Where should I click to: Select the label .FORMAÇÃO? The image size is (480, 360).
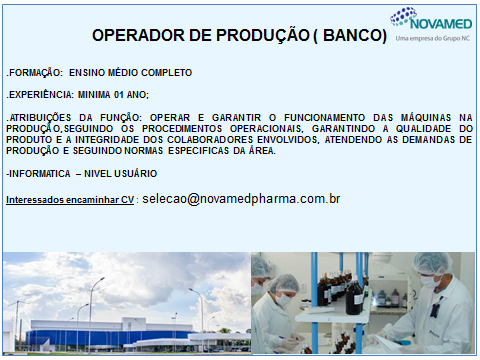[32, 74]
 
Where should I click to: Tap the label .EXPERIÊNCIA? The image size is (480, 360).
[38, 95]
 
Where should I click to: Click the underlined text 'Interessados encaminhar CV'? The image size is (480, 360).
[69, 200]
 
